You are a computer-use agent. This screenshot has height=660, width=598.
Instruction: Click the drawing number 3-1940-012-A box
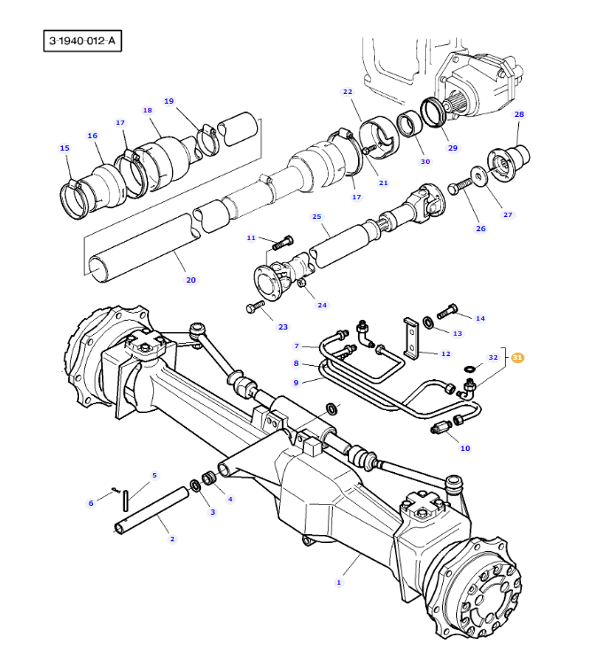[82, 41]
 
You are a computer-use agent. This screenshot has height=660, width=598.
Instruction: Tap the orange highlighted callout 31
[517, 358]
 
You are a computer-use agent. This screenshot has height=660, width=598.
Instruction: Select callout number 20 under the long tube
[190, 280]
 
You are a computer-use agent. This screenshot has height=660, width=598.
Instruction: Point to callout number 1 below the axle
[338, 582]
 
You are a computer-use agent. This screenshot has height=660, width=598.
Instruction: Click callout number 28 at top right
[519, 114]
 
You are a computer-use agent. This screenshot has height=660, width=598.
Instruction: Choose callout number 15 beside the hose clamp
[64, 148]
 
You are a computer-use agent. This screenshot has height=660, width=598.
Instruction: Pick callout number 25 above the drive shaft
[316, 216]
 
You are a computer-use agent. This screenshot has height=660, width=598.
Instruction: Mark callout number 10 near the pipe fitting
[465, 447]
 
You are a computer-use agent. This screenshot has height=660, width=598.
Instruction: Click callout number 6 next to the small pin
[90, 503]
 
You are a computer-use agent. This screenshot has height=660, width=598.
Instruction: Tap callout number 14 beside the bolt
[480, 318]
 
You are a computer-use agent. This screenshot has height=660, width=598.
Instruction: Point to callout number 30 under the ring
[425, 161]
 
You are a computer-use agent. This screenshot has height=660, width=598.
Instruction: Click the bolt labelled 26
[457, 187]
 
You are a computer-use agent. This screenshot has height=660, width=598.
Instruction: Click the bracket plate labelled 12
[413, 341]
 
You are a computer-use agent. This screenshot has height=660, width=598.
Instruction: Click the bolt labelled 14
[447, 312]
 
